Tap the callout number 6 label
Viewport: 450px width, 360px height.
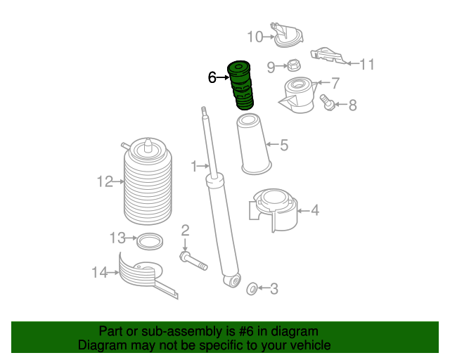click(212, 77)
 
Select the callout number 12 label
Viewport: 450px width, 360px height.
click(105, 182)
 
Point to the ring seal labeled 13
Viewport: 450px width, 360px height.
click(149, 241)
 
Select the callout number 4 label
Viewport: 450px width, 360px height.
click(314, 210)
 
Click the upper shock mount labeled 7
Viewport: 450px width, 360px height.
click(298, 96)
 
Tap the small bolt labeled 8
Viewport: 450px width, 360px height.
click(327, 103)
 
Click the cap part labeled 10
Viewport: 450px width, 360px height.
click(287, 37)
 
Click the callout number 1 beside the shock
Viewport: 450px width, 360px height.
click(194, 166)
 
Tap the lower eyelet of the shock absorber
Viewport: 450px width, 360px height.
click(230, 281)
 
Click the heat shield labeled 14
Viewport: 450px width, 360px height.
click(144, 274)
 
